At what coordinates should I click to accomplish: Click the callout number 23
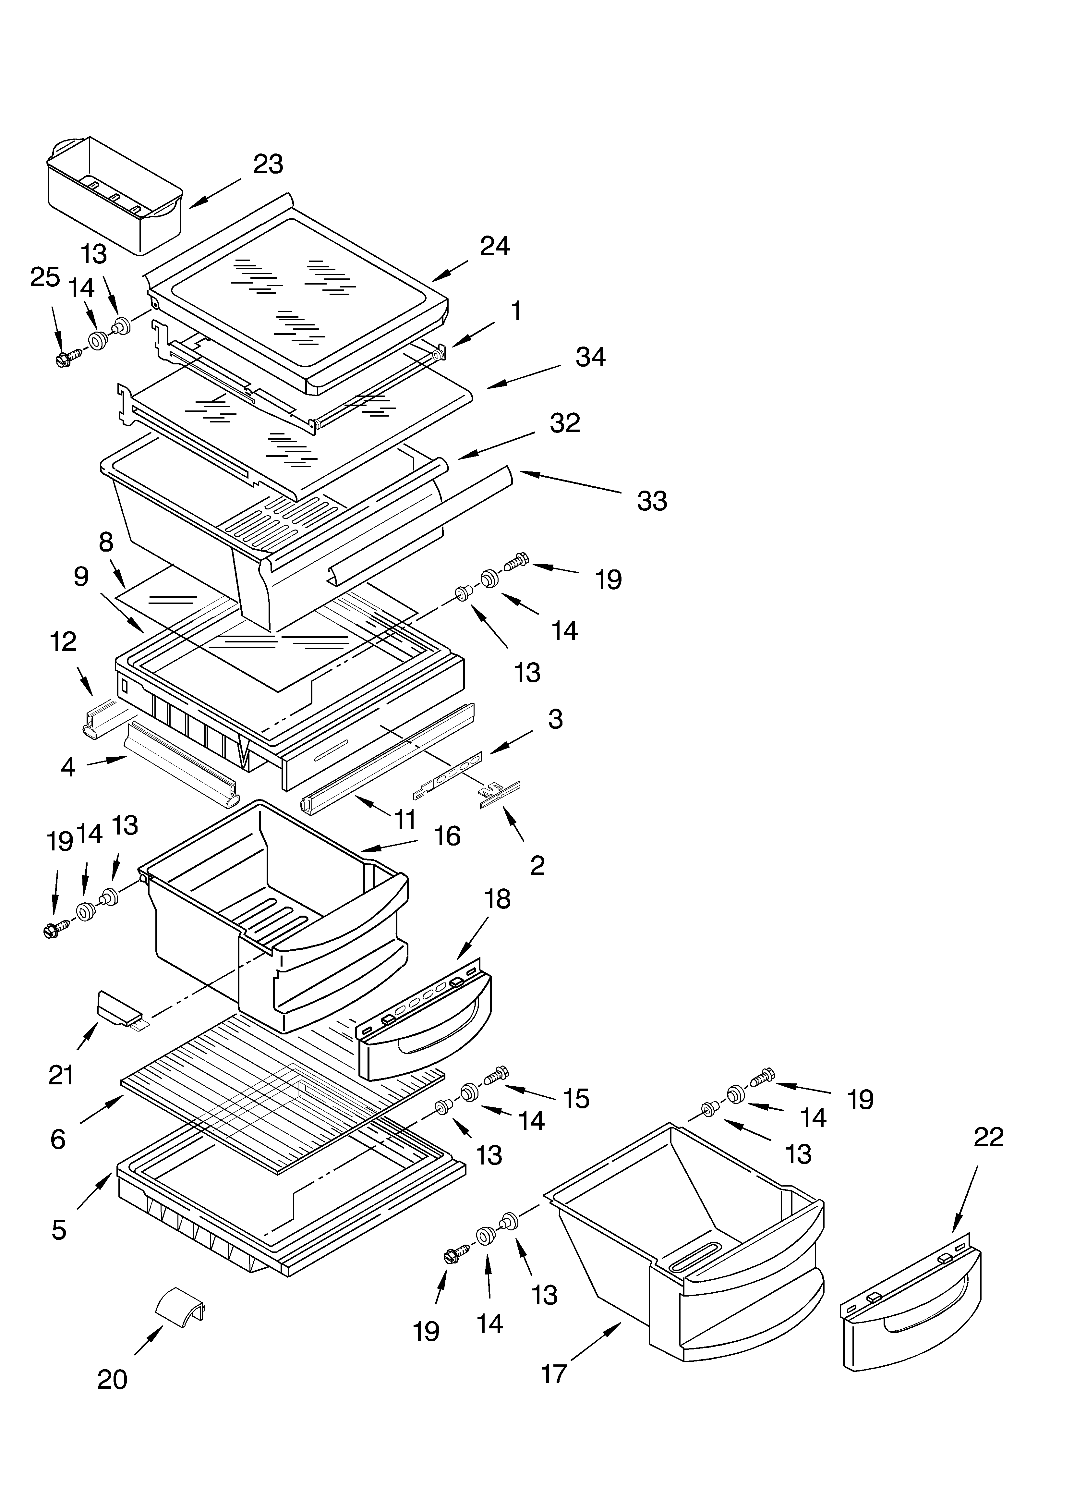click(268, 164)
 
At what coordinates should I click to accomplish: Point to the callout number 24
click(495, 246)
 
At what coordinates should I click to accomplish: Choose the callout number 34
click(590, 357)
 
